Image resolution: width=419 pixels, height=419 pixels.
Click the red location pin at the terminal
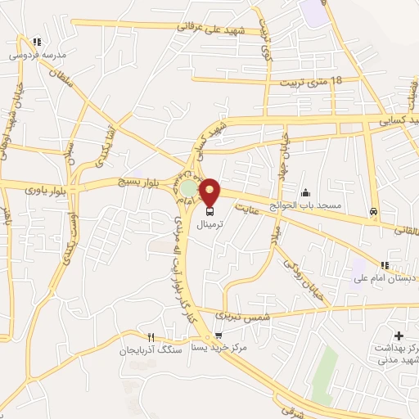pos(210,191)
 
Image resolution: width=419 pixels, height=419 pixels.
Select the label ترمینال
pos(192,222)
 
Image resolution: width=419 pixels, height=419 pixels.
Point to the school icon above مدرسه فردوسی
pos(36,42)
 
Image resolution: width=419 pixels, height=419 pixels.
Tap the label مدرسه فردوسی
pos(35,55)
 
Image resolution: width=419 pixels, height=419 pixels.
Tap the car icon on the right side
pos(374,211)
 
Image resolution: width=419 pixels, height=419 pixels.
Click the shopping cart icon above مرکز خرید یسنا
pos(218,335)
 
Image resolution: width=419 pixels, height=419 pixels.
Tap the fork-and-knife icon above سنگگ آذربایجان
pos(150,336)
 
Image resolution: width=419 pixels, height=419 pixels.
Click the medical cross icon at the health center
pos(399,336)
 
